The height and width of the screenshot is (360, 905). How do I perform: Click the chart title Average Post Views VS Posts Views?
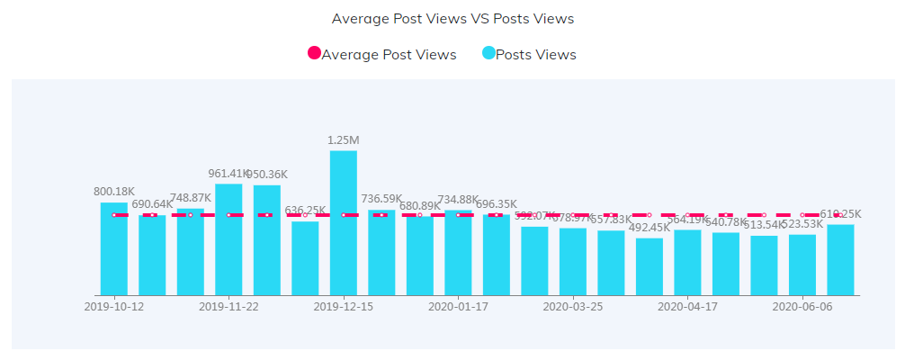[452, 18]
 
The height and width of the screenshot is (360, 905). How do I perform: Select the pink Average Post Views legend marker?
[314, 54]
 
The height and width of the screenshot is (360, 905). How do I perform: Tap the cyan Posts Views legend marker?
[488, 54]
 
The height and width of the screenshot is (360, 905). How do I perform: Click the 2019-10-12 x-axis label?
[114, 307]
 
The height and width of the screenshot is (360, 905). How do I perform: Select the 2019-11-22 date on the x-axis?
[228, 307]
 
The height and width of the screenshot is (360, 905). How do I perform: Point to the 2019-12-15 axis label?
[344, 307]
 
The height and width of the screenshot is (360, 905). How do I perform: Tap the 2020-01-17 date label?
[458, 307]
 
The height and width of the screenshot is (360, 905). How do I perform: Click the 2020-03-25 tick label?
[573, 307]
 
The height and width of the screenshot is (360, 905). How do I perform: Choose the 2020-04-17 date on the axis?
[687, 307]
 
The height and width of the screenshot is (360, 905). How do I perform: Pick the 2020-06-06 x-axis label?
[802, 307]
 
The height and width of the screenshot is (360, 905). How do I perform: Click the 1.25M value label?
[344, 140]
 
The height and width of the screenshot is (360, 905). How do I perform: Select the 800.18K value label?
[114, 192]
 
